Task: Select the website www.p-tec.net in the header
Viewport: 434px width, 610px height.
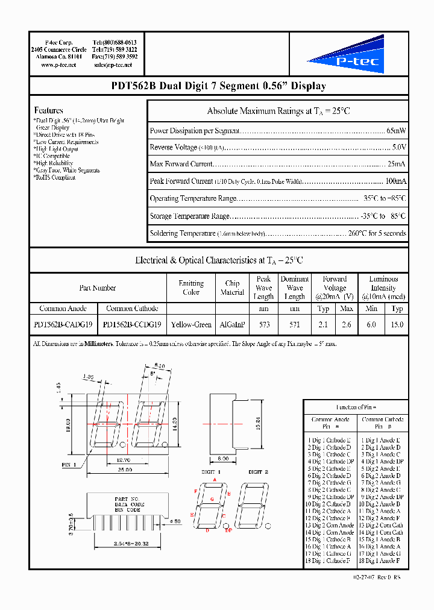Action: coord(58,64)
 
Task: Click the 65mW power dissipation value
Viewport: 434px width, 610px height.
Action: coord(396,130)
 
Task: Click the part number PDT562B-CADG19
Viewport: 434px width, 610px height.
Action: coord(63,324)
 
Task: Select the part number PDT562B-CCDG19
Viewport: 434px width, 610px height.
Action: coord(132,324)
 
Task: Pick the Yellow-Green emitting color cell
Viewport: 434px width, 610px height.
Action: coord(191,324)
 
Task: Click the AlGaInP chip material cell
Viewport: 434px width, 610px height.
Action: coord(232,324)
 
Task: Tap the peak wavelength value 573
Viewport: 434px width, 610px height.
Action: coord(264,324)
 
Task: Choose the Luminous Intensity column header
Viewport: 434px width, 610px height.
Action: coord(383,288)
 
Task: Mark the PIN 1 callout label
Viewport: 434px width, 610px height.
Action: coord(70,465)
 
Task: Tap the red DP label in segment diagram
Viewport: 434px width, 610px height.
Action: coord(228,530)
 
